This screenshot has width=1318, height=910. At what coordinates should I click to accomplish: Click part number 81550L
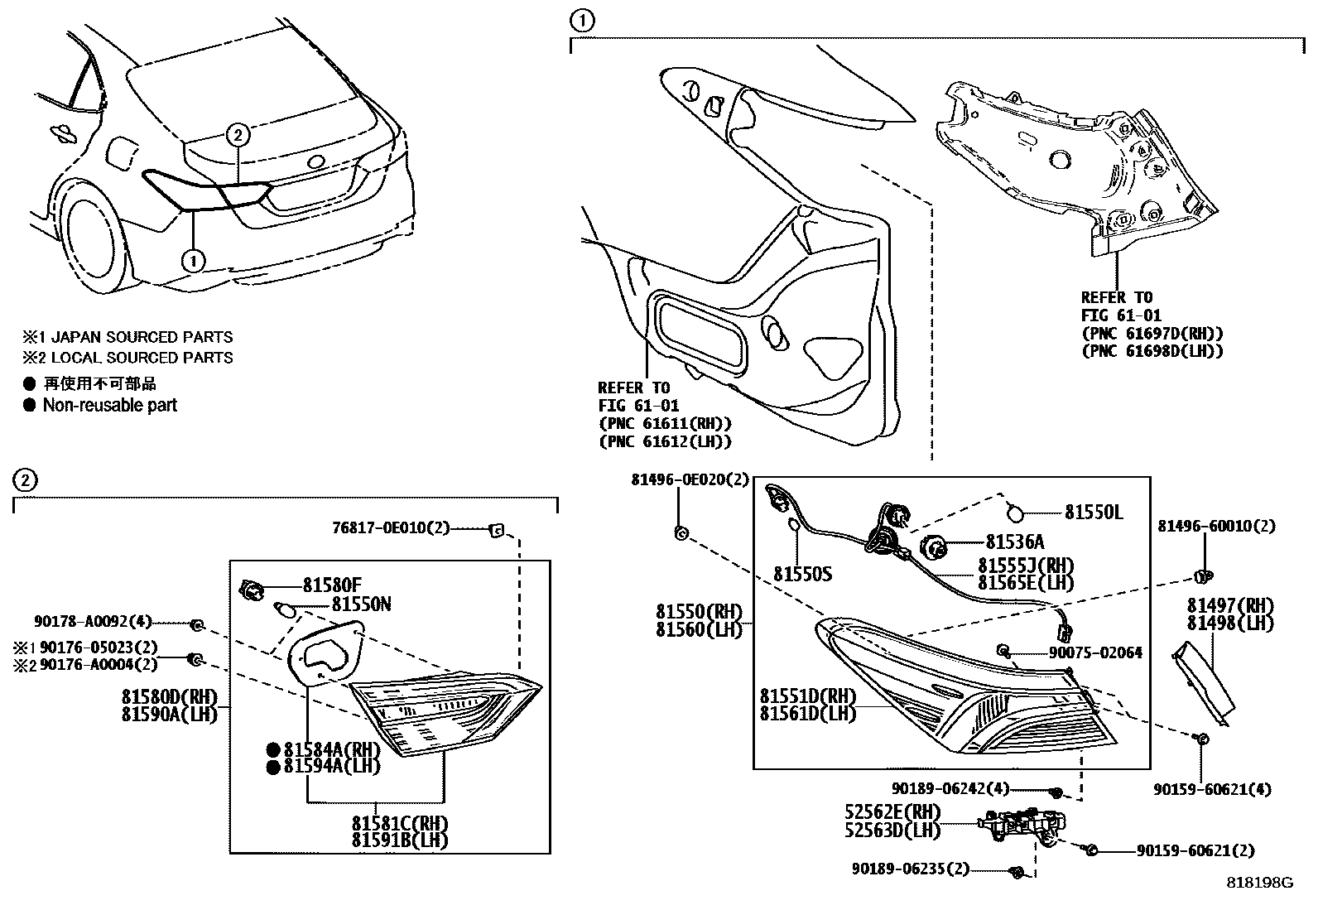point(1093,513)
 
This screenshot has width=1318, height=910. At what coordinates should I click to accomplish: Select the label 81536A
point(1014,542)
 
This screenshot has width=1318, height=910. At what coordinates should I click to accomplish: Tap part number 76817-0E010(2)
point(391,528)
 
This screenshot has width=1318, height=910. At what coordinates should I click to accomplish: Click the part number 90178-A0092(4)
point(93,623)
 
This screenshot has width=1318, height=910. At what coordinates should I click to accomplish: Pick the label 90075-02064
point(1095,653)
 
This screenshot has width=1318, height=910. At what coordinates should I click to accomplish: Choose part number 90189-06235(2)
point(910,869)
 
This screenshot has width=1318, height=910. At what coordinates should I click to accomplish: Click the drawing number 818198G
point(1259,883)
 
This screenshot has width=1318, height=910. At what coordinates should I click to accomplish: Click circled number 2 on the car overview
point(237,134)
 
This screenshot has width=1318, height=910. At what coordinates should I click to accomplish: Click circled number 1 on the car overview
point(192,261)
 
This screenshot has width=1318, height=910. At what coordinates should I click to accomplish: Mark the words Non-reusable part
point(109,405)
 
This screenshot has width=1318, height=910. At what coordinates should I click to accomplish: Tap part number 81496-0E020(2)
point(690,479)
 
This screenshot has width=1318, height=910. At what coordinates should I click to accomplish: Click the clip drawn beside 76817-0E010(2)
point(498,529)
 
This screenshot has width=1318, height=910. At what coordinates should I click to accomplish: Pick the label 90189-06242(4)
point(950,790)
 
